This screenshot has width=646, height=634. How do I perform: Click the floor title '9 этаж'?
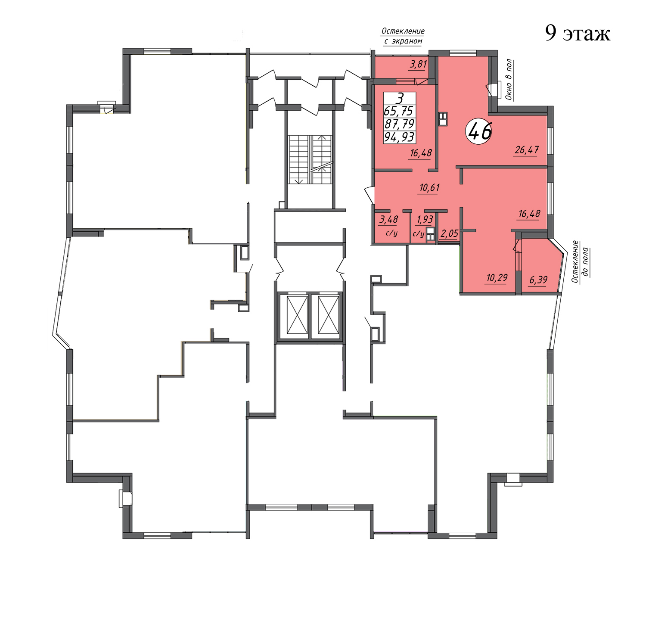pos(578,33)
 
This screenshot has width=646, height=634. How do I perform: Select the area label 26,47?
pos(527,150)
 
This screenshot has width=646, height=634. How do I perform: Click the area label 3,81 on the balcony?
pos(418,65)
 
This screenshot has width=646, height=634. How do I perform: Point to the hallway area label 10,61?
pos(429,187)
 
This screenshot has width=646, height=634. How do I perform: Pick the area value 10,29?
pos(497,278)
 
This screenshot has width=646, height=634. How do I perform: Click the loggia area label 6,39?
pos(538,280)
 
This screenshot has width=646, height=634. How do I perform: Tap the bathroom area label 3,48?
pos(388,219)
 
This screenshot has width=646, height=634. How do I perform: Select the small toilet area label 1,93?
pos(425,219)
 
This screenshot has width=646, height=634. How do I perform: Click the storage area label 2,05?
pos(449,233)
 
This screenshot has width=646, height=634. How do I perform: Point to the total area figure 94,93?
pos(399,137)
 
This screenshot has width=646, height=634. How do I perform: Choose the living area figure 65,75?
pos(398,111)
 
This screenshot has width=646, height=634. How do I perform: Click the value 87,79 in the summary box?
pos(399,124)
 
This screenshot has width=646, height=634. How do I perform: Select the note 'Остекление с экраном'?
pos(403,36)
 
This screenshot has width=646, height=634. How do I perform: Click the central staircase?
pos(310,160)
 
